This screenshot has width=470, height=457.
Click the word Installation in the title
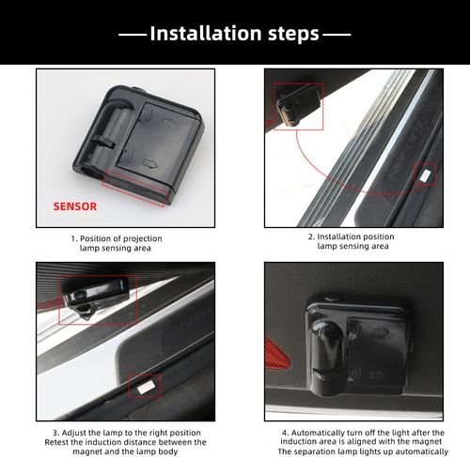pos(206,33)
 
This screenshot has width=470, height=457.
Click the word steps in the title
pos(293,34)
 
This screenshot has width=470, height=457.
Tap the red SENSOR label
pos(75,206)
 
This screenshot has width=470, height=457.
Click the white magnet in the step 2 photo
pos(426,175)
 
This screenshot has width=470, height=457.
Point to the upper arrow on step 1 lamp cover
pos(167,121)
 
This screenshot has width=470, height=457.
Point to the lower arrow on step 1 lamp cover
pos(149,163)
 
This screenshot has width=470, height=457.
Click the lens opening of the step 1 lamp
pos(88,171)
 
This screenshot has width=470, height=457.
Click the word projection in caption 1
pos(142,238)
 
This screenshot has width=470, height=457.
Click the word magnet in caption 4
pos(428,442)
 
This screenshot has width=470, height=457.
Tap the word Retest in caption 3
pos(55,442)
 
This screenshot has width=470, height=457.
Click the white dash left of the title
pos(133,35)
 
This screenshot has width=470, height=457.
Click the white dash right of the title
pos(337,35)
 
